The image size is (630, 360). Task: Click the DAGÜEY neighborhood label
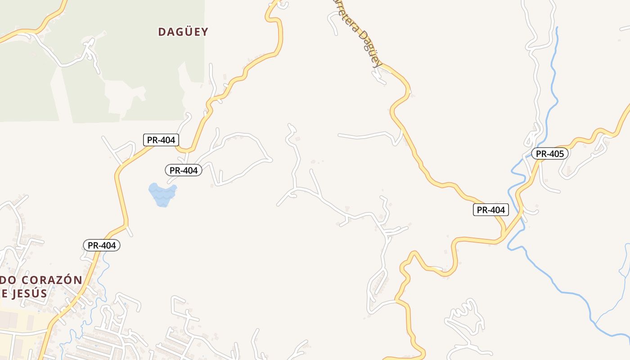(183, 31)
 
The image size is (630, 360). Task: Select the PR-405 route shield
(550, 153)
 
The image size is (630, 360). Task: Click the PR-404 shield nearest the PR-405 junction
(490, 209)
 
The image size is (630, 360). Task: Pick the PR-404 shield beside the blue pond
(183, 170)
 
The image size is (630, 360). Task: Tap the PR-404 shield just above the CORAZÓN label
(102, 245)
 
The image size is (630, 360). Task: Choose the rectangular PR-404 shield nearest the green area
(161, 139)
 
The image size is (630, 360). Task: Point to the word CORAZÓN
(50, 280)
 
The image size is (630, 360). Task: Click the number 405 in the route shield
(556, 153)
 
